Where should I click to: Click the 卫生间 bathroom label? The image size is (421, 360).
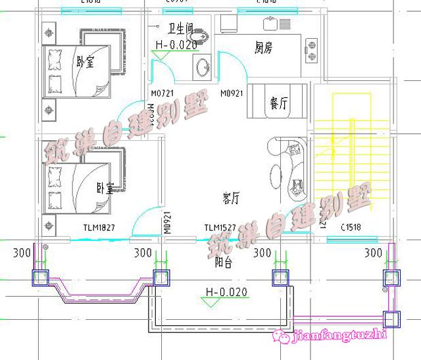point(179,28)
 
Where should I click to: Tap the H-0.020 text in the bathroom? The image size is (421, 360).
point(176,44)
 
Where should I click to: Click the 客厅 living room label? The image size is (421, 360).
point(231,196)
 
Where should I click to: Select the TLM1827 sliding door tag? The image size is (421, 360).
point(99,228)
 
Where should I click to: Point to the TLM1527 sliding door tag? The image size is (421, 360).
point(220,228)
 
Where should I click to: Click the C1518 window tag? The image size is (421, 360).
point(353,228)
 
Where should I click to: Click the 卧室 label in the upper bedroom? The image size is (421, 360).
point(85,63)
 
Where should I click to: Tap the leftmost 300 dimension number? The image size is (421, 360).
point(22,253)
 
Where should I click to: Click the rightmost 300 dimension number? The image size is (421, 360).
point(374,253)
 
